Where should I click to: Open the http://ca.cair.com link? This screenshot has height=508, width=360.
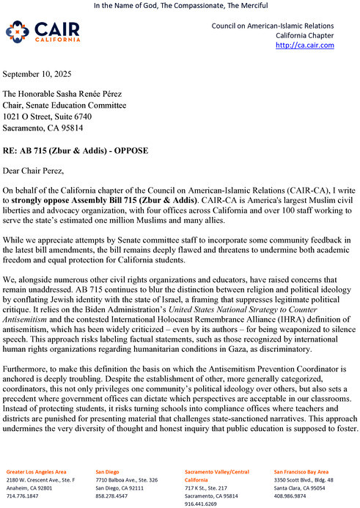(304, 45)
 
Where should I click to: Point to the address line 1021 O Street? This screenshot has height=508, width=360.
(48, 116)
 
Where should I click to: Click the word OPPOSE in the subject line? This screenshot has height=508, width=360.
(128, 150)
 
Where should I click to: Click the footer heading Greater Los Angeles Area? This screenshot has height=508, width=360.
(37, 471)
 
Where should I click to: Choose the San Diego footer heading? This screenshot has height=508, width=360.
(110, 471)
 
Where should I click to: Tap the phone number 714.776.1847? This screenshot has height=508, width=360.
(23, 496)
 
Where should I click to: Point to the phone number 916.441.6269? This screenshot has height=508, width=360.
(201, 504)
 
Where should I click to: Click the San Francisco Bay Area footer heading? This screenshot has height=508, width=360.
(301, 471)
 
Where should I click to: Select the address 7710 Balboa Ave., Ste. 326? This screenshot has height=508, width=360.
(127, 479)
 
